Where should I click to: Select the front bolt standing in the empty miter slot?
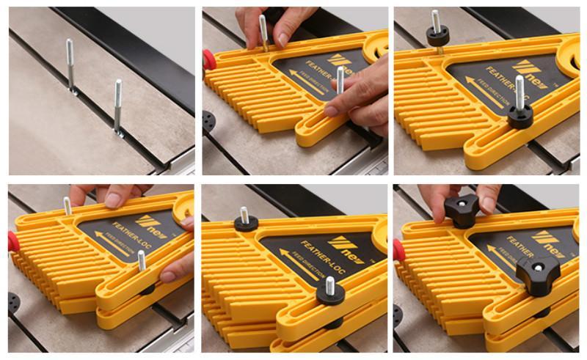[118, 106]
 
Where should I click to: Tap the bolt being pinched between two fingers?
[263, 34]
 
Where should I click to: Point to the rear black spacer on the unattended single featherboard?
[437, 34]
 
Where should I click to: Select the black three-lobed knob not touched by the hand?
[537, 274]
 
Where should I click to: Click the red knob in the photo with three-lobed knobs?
[398, 249]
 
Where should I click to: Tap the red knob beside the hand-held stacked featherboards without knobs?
[12, 241]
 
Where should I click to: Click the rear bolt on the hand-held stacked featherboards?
[68, 206]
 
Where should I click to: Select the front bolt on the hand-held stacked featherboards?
[142, 260]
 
